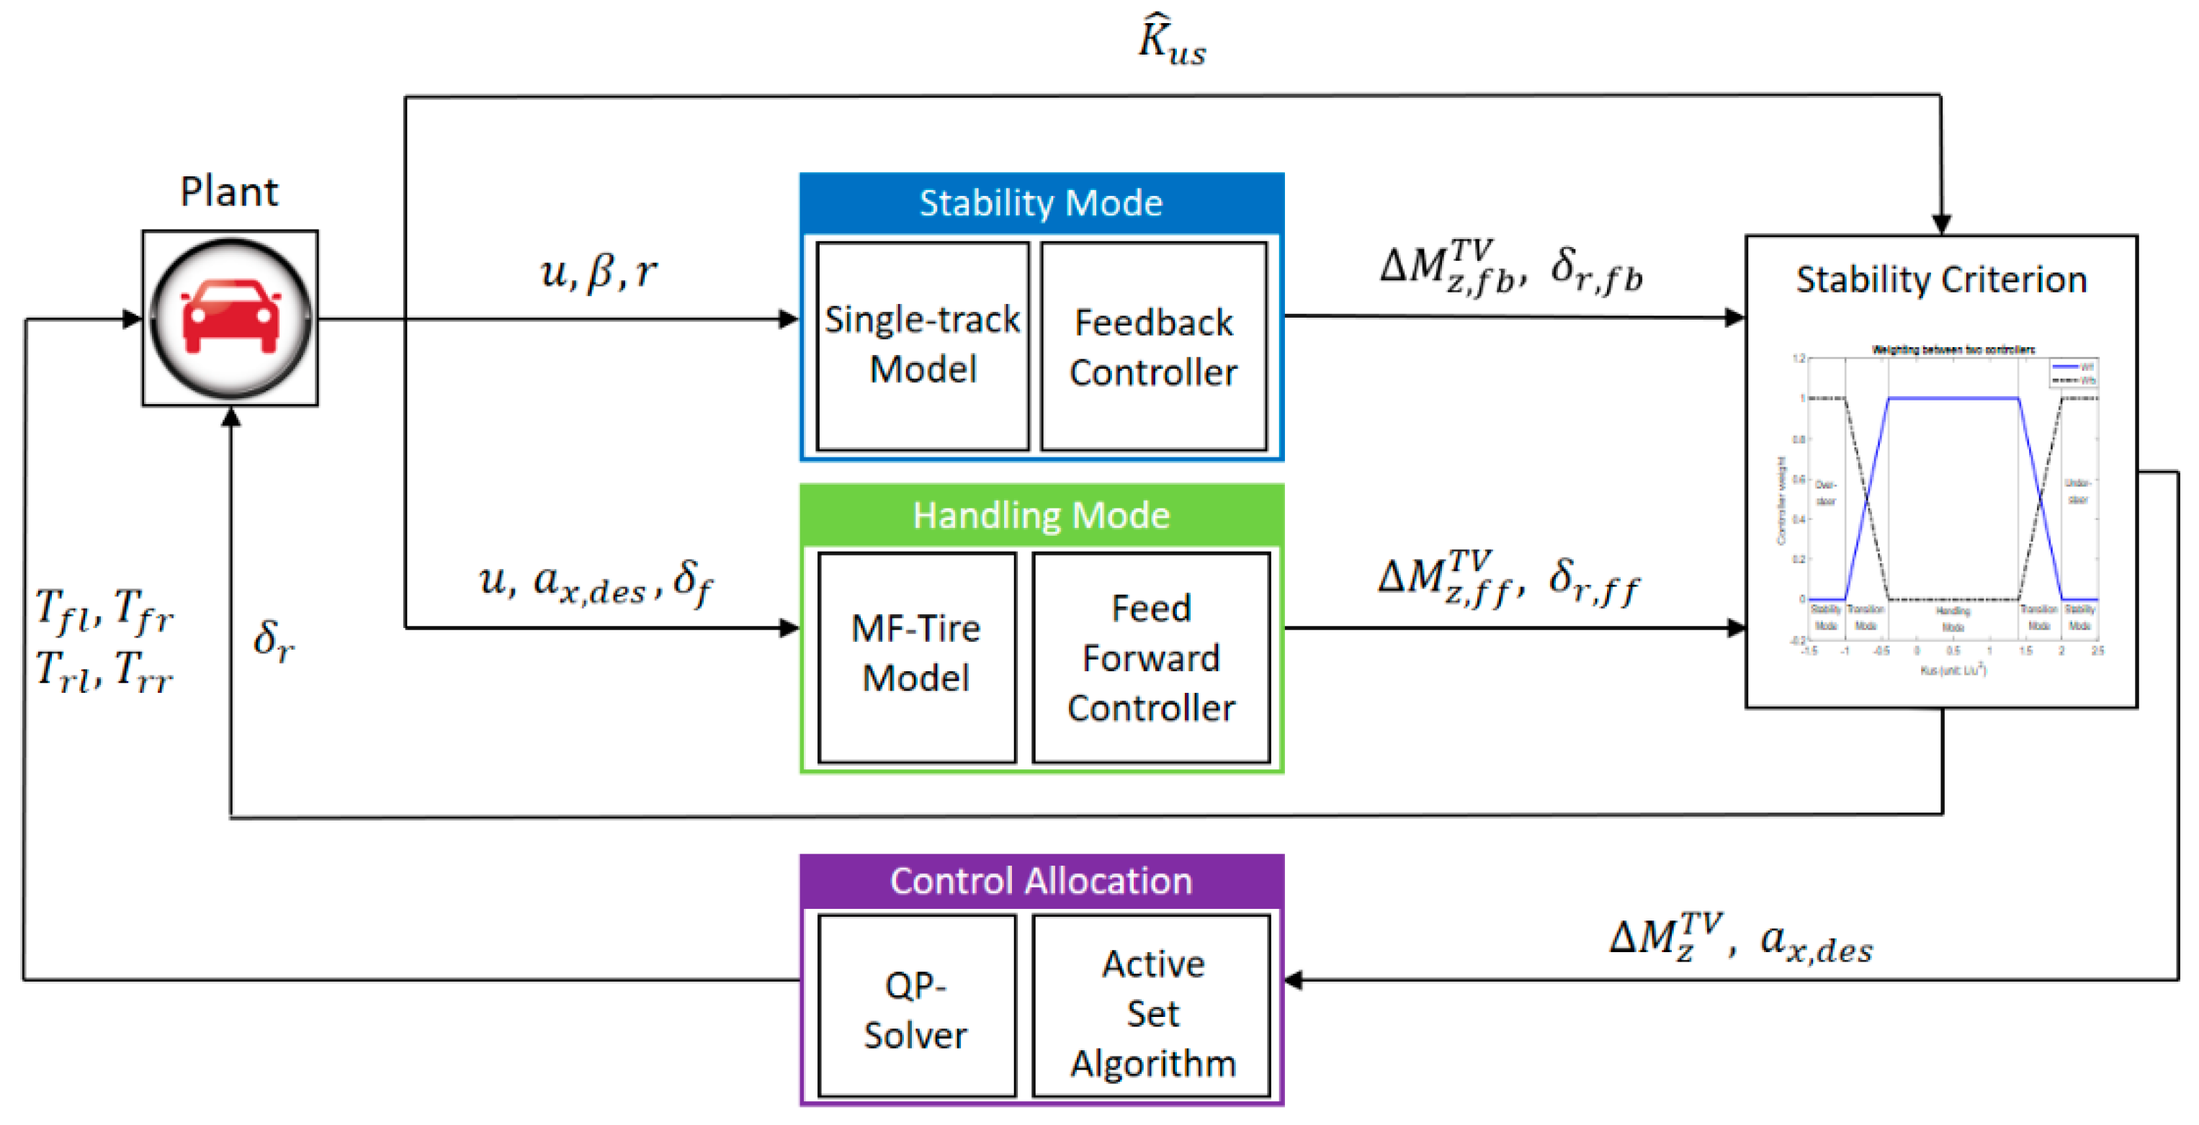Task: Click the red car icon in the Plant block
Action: pyautogui.click(x=230, y=318)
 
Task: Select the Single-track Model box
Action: pyautogui.click(x=922, y=346)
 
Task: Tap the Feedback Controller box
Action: pyautogui.click(x=1153, y=346)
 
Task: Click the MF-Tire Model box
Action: pyautogui.click(x=916, y=655)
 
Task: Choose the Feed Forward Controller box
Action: pyautogui.click(x=1151, y=658)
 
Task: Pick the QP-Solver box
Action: pyautogui.click(x=916, y=1007)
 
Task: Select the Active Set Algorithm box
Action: pyautogui.click(x=1152, y=1007)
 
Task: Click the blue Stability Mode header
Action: pyautogui.click(x=1041, y=203)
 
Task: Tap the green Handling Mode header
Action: pyautogui.click(x=1041, y=516)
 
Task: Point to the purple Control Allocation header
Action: pyautogui.click(x=1041, y=881)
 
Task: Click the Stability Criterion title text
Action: pyautogui.click(x=1941, y=280)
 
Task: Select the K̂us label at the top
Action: pyautogui.click(x=1172, y=41)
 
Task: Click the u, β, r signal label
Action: pyautogui.click(x=599, y=272)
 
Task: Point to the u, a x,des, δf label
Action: pyautogui.click(x=595, y=582)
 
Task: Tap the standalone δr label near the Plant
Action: pyautogui.click(x=273, y=640)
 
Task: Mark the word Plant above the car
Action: pyautogui.click(x=229, y=191)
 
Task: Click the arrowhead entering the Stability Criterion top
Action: pyautogui.click(x=1941, y=225)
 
